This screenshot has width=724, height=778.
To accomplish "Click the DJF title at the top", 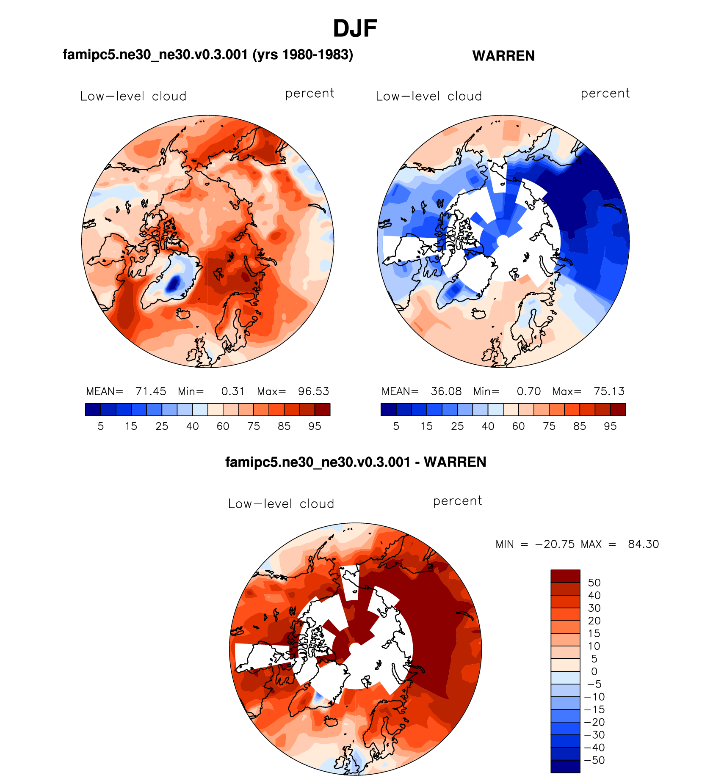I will (355, 29).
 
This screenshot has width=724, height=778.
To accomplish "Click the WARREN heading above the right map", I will (503, 56).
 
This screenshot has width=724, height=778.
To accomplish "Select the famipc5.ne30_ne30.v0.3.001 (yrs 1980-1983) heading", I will (207, 55).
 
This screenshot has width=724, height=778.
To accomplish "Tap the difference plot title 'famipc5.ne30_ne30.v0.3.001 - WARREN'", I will (356, 462).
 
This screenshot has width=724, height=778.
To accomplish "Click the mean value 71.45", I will (151, 391).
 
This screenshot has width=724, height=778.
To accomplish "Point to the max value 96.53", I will (313, 391).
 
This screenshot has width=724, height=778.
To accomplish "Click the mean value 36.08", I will (446, 391).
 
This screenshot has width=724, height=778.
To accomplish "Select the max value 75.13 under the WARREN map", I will (609, 391).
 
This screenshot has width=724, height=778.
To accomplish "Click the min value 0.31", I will (233, 391).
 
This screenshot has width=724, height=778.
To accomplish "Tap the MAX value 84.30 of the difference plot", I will (643, 544).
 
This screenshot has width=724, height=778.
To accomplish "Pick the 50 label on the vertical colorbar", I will (594, 583).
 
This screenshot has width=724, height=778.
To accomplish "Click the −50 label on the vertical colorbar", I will (594, 760).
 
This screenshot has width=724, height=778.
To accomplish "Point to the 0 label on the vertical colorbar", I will (594, 671).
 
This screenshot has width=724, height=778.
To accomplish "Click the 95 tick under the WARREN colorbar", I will (610, 426).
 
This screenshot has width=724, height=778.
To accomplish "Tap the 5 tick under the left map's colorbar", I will (101, 426).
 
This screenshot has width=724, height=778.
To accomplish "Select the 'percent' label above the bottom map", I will (457, 501).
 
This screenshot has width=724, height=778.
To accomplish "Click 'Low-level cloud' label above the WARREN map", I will (429, 96).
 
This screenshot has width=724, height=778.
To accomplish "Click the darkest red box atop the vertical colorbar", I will (565, 576).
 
